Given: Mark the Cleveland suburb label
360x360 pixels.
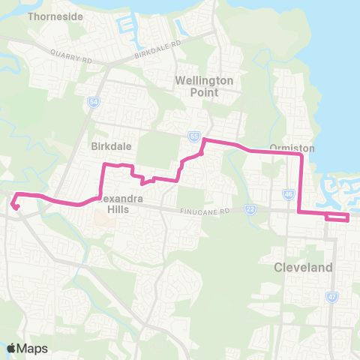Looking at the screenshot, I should point(298,268).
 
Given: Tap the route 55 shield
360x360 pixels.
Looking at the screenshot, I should point(194,136).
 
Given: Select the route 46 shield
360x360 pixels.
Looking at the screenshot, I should point(289,193).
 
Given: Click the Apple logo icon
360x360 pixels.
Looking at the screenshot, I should point(11,348).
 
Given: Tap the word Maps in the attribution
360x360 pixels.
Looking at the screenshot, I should point(33,348).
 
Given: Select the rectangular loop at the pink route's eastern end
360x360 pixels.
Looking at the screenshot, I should point(337,217).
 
